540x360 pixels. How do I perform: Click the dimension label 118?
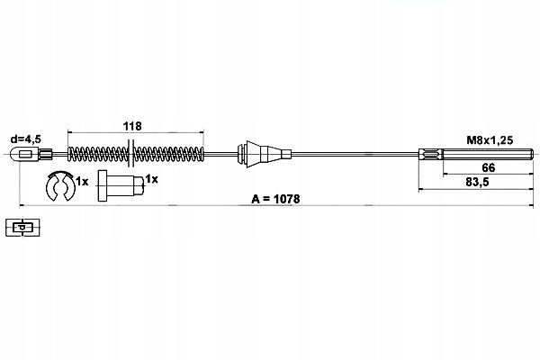tap(132, 126)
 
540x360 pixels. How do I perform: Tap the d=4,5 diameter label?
tap(26, 139)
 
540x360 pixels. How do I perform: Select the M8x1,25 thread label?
tap(490, 139)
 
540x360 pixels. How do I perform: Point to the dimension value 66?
tap(489, 167)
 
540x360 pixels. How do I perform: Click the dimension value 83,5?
tap(477, 182)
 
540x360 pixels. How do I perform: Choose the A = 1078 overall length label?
tap(276, 199)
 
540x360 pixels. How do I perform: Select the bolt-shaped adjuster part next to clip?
tap(121, 185)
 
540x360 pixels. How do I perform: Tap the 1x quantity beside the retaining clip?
tap(82, 181)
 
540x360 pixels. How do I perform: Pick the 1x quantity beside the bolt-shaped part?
tap(151, 179)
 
